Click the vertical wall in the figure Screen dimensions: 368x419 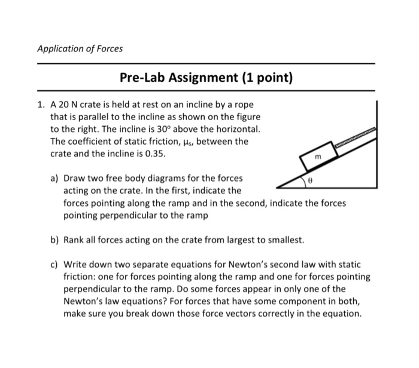(377, 143)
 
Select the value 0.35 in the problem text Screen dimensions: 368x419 (147, 154)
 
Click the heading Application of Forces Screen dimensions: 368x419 (80, 48)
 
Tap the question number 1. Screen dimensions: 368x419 (40, 103)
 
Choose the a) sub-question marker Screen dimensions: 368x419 (55, 178)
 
